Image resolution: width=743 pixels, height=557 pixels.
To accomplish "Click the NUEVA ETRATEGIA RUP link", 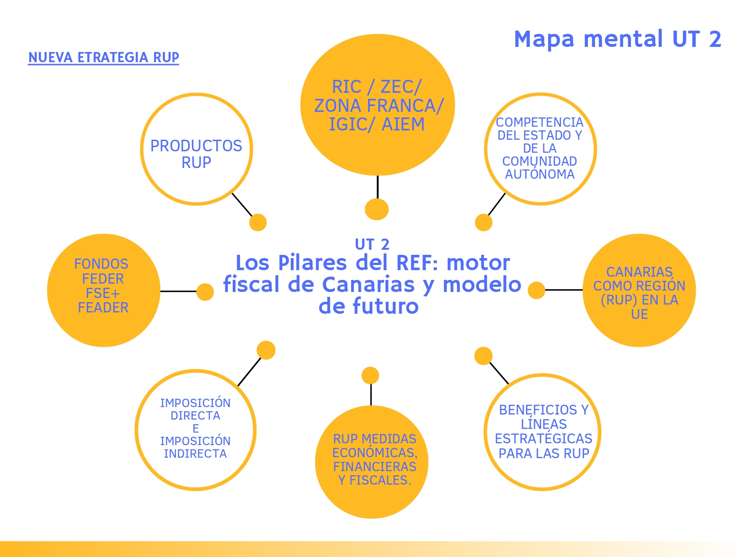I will tap(104, 58).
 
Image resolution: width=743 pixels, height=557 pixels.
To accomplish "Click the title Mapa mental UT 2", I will tap(617, 39).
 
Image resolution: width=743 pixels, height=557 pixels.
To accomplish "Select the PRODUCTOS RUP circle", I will tap(196, 149).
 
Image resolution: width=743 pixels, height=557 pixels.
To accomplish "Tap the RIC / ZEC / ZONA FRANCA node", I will tap(377, 105).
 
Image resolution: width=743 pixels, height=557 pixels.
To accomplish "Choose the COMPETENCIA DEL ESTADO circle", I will tap(540, 149).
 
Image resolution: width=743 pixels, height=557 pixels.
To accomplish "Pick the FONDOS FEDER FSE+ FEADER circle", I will tap(104, 290).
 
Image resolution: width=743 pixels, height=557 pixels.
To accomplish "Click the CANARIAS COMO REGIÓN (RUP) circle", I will tap(639, 291).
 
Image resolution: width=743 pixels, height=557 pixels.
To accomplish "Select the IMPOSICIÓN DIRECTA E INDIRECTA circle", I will tap(196, 429).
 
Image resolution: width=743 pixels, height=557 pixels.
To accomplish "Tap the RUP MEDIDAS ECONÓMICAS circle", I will tap(371, 462).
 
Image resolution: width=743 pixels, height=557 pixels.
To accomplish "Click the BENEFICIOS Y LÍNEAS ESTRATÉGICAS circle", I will tap(542, 432).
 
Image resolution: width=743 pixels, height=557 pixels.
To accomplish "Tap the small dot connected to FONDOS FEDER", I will tap(205, 292).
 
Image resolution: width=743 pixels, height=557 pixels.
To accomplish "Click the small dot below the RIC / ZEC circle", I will tap(377, 209).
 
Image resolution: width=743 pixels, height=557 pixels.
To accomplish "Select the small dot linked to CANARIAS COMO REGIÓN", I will tap(536, 291).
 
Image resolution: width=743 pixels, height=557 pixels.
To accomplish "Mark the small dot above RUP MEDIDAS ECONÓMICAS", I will tap(370, 375).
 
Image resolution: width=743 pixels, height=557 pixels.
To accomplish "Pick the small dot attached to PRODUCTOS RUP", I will tap(258, 222).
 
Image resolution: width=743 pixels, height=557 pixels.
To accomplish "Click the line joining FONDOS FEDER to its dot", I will tap(179, 291).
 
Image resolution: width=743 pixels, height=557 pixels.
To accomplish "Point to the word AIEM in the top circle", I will tap(403, 124).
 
